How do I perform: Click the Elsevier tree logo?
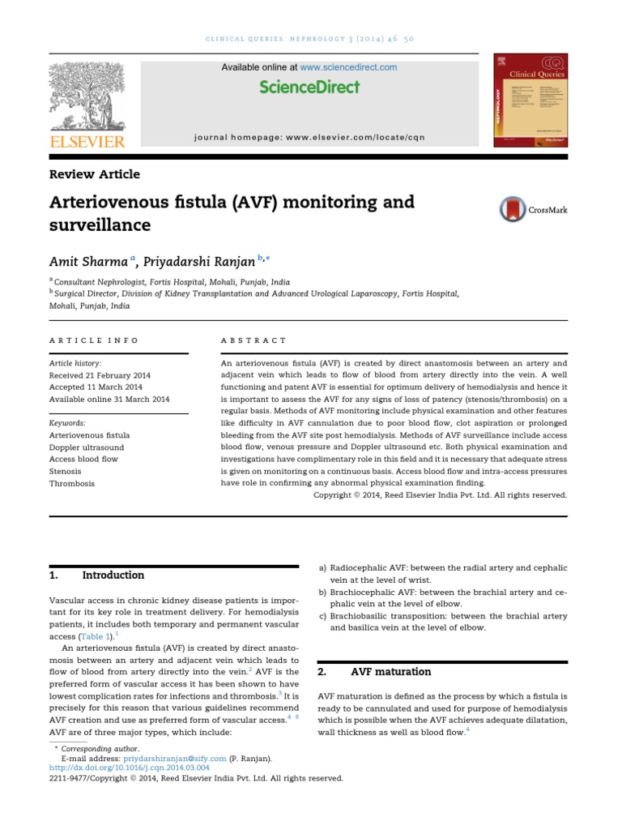[87, 97]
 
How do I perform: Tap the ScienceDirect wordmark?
[309, 88]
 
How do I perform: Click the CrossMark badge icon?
[513, 209]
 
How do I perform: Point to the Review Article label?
[95, 174]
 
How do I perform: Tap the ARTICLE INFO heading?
[94, 340]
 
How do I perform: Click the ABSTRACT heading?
[253, 340]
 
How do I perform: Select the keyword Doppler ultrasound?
[87, 447]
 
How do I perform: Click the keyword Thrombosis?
[72, 483]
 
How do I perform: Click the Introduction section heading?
[113, 575]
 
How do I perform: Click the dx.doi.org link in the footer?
[130, 767]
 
